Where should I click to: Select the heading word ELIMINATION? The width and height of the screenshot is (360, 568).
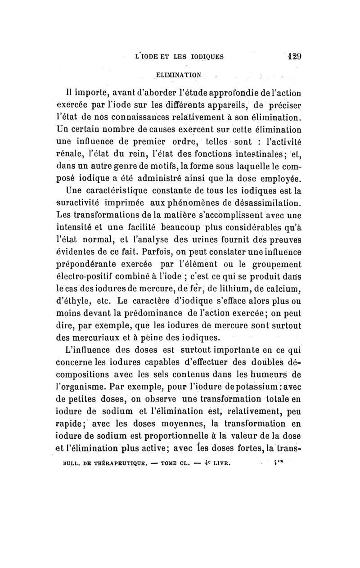pos(179,74)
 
